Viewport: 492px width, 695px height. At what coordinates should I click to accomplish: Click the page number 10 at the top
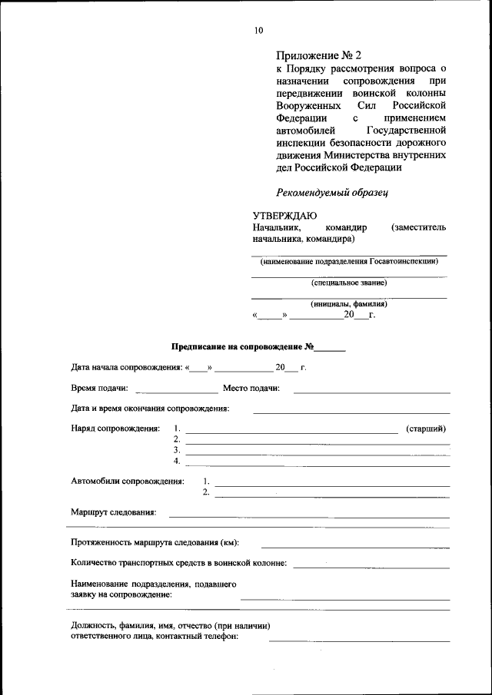tap(258, 31)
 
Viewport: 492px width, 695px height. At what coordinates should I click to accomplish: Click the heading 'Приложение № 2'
tap(317, 55)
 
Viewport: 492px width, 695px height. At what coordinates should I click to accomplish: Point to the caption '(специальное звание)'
tap(349, 283)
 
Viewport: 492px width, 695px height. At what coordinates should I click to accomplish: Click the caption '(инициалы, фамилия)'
tap(349, 304)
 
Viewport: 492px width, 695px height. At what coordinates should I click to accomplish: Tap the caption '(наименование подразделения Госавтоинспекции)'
tap(349, 261)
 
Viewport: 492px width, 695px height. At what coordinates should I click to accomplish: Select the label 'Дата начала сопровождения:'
tap(126, 367)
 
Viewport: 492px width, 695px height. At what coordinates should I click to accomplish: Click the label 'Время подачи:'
tap(99, 389)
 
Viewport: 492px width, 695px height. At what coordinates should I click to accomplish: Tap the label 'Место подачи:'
tap(251, 389)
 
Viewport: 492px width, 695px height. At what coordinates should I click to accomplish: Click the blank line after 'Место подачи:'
tap(371, 392)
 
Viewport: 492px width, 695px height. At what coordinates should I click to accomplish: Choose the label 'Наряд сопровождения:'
tap(115, 429)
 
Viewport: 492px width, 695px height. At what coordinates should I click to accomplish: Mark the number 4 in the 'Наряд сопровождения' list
tap(177, 461)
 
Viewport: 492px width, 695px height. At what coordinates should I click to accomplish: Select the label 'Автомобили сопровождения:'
tap(128, 482)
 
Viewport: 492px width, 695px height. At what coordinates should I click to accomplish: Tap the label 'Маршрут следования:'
tap(113, 512)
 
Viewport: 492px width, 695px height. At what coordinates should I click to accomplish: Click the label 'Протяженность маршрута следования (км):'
tap(155, 542)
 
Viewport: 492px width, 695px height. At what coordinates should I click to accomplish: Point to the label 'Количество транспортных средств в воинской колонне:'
tap(178, 563)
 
